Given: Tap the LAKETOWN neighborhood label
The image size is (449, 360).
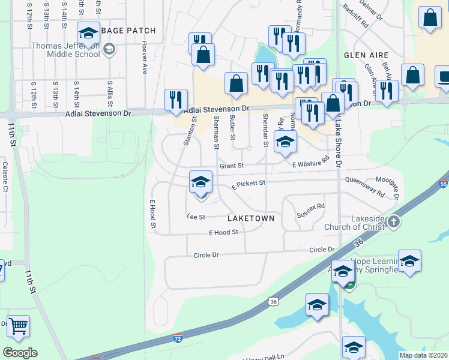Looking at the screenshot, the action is pyautogui.click(x=251, y=218).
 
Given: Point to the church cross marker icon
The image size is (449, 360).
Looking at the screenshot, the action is pyautogui.click(x=393, y=222).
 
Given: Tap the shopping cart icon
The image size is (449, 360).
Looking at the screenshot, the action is pyautogui.click(x=18, y=326).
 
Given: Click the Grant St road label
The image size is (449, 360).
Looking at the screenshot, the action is pyautogui.click(x=231, y=166).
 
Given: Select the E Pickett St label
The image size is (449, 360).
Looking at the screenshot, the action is pyautogui.click(x=248, y=186).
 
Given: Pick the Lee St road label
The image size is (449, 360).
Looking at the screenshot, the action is pyautogui.click(x=196, y=217).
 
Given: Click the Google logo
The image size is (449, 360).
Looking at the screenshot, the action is pyautogui.click(x=20, y=353).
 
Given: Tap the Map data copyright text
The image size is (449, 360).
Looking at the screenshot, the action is pyautogui.click(x=424, y=355).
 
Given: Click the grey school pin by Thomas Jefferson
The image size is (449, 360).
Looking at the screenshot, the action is pyautogui.click(x=109, y=49).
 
